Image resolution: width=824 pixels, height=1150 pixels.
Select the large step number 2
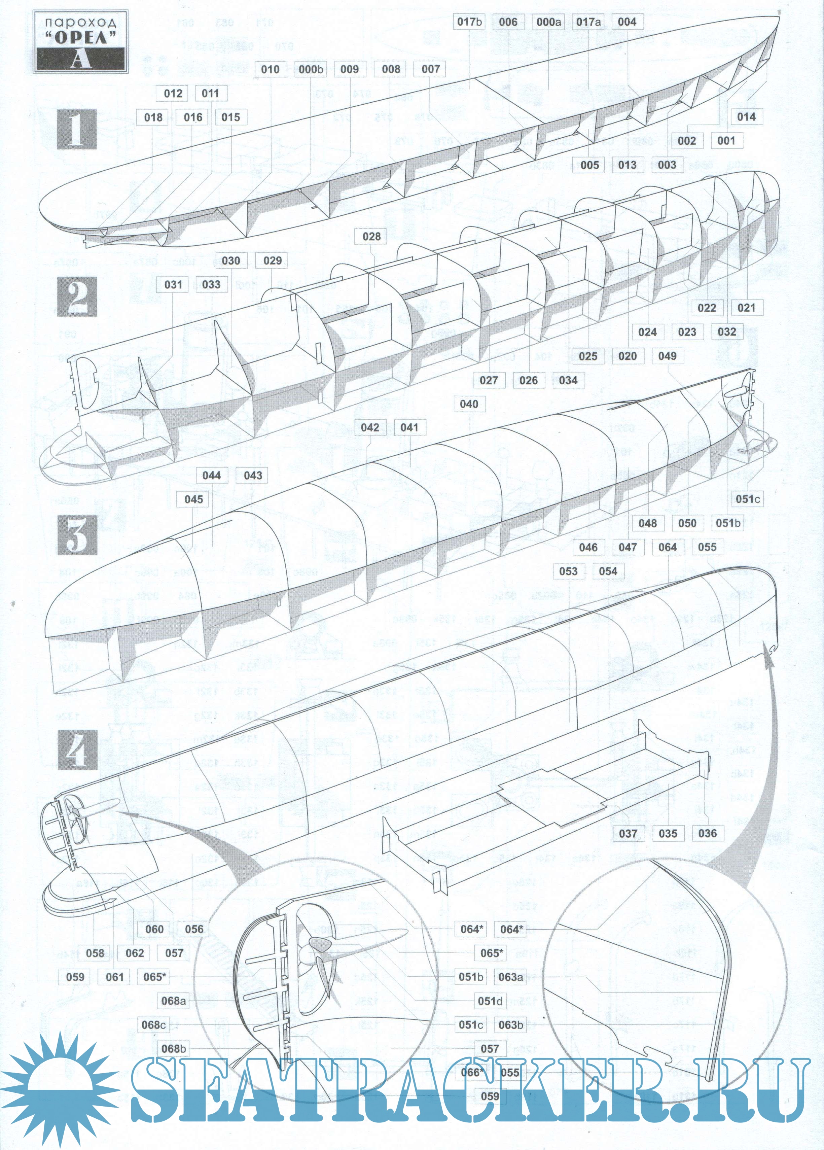(x=77, y=297)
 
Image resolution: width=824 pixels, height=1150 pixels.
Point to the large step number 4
(x=77, y=750)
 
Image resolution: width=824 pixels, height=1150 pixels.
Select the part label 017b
(x=470, y=22)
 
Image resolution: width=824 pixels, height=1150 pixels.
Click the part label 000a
(x=549, y=22)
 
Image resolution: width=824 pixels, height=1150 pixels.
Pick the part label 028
(x=372, y=236)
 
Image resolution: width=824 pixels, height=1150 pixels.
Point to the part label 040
(x=469, y=404)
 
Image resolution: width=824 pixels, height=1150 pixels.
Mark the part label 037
(x=628, y=833)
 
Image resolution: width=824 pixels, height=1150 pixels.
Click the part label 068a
(x=173, y=1001)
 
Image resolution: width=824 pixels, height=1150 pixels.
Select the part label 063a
(x=511, y=977)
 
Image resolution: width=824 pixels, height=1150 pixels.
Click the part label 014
(x=746, y=117)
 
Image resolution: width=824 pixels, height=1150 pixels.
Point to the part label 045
(x=194, y=499)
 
